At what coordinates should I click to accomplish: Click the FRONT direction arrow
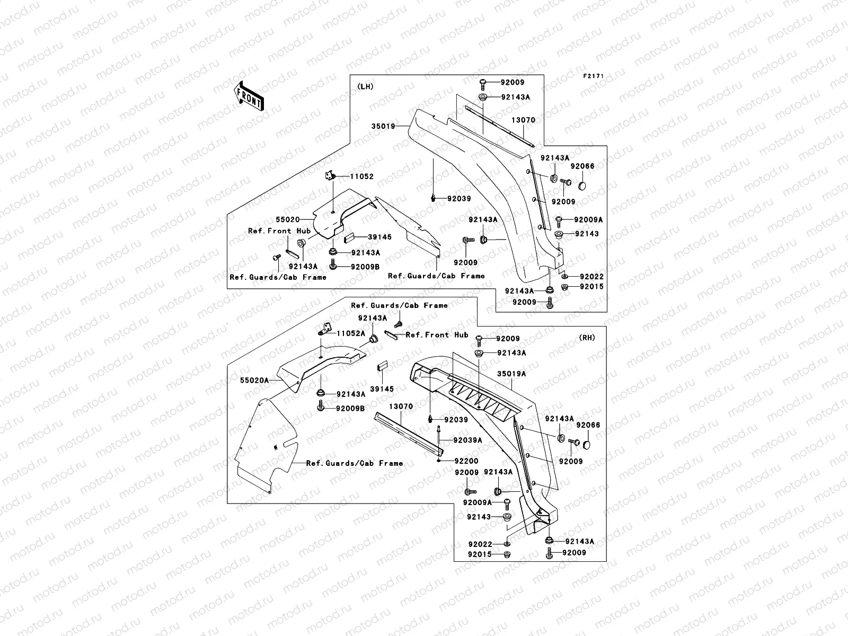[249, 96]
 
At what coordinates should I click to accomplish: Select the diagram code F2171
[594, 76]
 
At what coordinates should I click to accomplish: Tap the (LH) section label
[365, 86]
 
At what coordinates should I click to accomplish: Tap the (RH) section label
[587, 338]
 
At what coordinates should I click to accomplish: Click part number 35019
[383, 126]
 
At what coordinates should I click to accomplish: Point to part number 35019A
[511, 374]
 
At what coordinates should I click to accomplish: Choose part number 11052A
[351, 333]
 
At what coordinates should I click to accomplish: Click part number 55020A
[254, 381]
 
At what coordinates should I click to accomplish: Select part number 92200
[466, 461]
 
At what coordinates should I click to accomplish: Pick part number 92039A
[468, 440]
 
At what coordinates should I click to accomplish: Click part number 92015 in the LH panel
[591, 287]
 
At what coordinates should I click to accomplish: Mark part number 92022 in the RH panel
[480, 544]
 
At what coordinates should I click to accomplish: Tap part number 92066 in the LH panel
[582, 166]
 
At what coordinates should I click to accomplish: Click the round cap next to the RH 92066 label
[587, 445]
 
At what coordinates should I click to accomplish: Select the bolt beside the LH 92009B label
[333, 264]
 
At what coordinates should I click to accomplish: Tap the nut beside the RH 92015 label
[507, 554]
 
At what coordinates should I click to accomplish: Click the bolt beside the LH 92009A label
[559, 221]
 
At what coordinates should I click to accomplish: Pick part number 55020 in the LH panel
[287, 220]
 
